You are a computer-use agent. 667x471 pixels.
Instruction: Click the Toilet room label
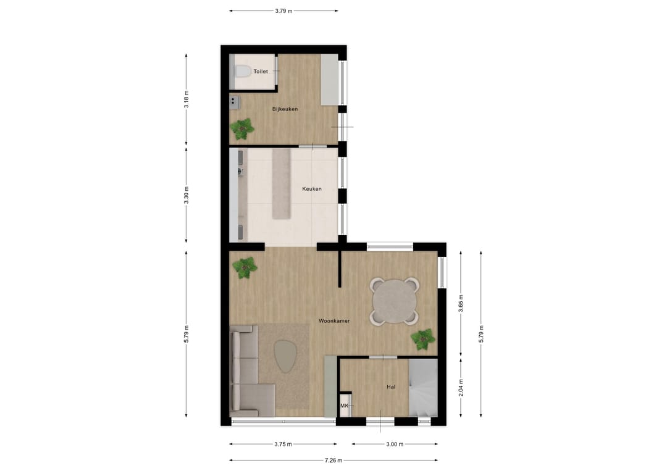[261, 72]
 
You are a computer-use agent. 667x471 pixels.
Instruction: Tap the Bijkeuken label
[285, 109]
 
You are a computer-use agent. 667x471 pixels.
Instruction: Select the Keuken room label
[311, 189]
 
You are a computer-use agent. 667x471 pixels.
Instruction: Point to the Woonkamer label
[334, 321]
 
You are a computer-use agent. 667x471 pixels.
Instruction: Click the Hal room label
[391, 387]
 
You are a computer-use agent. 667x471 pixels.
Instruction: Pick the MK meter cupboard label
[345, 406]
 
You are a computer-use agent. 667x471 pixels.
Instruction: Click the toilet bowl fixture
[241, 72]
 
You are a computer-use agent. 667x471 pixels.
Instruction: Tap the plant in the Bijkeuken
[241, 128]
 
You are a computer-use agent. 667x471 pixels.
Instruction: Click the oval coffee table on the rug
[285, 357]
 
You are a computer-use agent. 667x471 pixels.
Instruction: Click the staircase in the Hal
[423, 389]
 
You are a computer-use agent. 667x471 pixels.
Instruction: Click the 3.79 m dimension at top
[283, 10]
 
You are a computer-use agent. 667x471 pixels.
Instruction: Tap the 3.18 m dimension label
[187, 99]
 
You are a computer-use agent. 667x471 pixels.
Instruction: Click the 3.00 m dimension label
[394, 444]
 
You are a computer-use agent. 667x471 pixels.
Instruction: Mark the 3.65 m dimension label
[461, 304]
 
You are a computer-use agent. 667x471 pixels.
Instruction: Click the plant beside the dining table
[423, 338]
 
